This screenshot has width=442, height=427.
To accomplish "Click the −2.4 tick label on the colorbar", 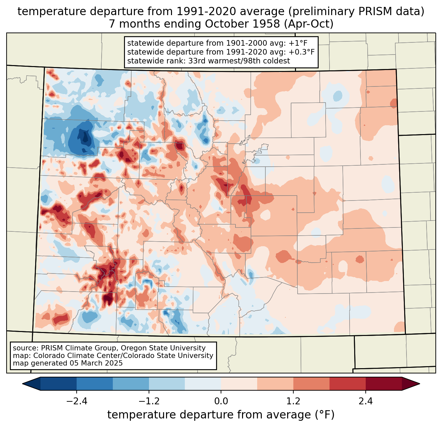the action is click(77, 401).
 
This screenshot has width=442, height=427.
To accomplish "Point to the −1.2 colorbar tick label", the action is click(149, 401).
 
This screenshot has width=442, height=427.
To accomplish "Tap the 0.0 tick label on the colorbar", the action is click(221, 401).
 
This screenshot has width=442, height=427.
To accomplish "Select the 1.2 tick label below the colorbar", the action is click(293, 401).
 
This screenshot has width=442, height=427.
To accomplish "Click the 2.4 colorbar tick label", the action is click(366, 401).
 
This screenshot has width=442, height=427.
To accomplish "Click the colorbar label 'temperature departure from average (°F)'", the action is click(221, 415).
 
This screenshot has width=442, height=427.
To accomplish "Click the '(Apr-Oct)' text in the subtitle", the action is click(309, 24).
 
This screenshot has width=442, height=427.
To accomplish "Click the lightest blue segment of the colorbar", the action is click(203, 384).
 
